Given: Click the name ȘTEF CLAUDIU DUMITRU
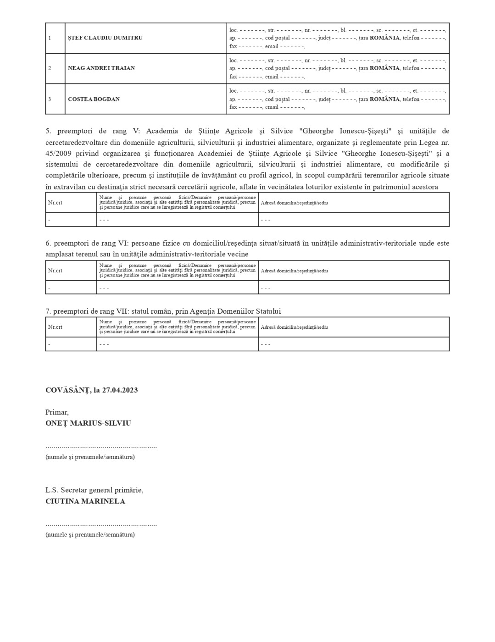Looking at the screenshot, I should point(105,38).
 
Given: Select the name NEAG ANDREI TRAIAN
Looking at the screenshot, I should point(101,68).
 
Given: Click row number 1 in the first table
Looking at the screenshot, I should point(50,38).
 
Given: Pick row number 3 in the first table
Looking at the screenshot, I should point(50,99).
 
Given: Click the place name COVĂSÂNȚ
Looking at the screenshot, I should point(67,390).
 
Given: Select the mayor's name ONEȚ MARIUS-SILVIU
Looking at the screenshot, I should point(88,423).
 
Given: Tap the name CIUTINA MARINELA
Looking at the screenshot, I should point(85,501).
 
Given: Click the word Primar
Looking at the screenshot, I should point(57,412).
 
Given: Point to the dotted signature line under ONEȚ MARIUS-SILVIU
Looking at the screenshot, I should point(101,447).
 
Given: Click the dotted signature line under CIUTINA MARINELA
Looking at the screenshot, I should point(101,525).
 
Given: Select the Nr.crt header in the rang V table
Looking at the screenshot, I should point(55,203).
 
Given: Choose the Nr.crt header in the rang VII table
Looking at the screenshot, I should point(55,327).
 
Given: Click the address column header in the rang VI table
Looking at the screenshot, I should point(294,271).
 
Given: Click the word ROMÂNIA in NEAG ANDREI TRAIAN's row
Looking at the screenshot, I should point(384,68).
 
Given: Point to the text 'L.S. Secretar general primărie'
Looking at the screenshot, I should point(94,490).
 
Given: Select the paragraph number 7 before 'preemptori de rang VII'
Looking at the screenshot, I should point(48,311).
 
